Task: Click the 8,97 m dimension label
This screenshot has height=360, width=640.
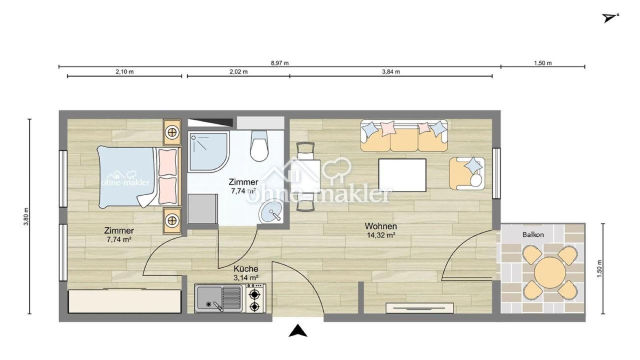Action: point(280,63)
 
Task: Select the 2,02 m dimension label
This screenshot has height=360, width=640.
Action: point(238,72)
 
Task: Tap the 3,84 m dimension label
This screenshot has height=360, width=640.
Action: point(391,72)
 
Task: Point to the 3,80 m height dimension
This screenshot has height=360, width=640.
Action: point(26,216)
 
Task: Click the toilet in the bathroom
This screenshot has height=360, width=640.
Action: point(259,146)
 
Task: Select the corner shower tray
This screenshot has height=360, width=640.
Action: point(208,152)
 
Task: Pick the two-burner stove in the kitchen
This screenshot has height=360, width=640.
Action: point(256,298)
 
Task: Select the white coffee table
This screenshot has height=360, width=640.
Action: point(402,175)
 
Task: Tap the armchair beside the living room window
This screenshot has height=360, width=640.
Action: point(467,173)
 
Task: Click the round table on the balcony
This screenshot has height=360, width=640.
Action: point(550,272)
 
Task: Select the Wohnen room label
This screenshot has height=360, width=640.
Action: point(380,226)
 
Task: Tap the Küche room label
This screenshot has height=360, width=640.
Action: point(246,269)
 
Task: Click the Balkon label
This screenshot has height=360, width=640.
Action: point(533,235)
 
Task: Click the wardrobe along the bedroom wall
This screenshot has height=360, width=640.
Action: point(125,302)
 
